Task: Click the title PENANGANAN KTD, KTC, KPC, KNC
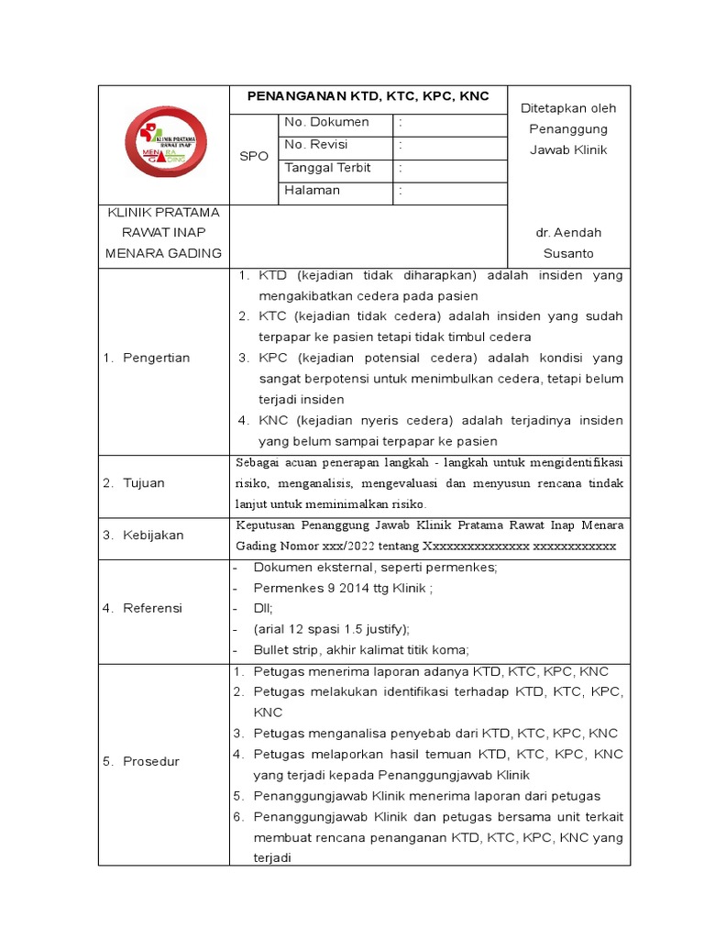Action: pos(367,96)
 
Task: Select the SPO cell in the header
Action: pos(253,157)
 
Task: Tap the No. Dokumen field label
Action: pos(326,122)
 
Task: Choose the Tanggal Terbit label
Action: pos(327,168)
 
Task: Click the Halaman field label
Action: pos(312,191)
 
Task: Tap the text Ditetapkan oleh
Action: pos(568,108)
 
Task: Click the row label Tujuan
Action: pos(144,483)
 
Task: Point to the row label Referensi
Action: pos(153,608)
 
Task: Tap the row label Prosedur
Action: pos(151,762)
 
